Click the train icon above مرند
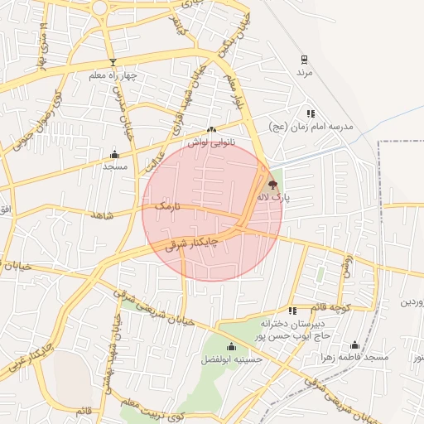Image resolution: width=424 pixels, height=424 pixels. [x=305, y=60]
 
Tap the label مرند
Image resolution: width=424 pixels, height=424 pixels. [x=305, y=73]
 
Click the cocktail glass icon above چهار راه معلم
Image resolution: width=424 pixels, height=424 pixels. [x=113, y=63]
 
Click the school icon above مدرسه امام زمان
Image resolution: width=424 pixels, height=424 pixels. [x=311, y=113]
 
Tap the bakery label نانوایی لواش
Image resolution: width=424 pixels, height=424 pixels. [x=210, y=142]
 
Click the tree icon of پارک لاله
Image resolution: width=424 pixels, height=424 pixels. [x=273, y=185]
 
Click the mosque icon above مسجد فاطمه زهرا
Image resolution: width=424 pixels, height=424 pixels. [x=355, y=344]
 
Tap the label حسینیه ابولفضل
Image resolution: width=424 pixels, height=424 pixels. [x=231, y=360]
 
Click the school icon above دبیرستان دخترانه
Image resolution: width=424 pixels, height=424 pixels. [x=292, y=311]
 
